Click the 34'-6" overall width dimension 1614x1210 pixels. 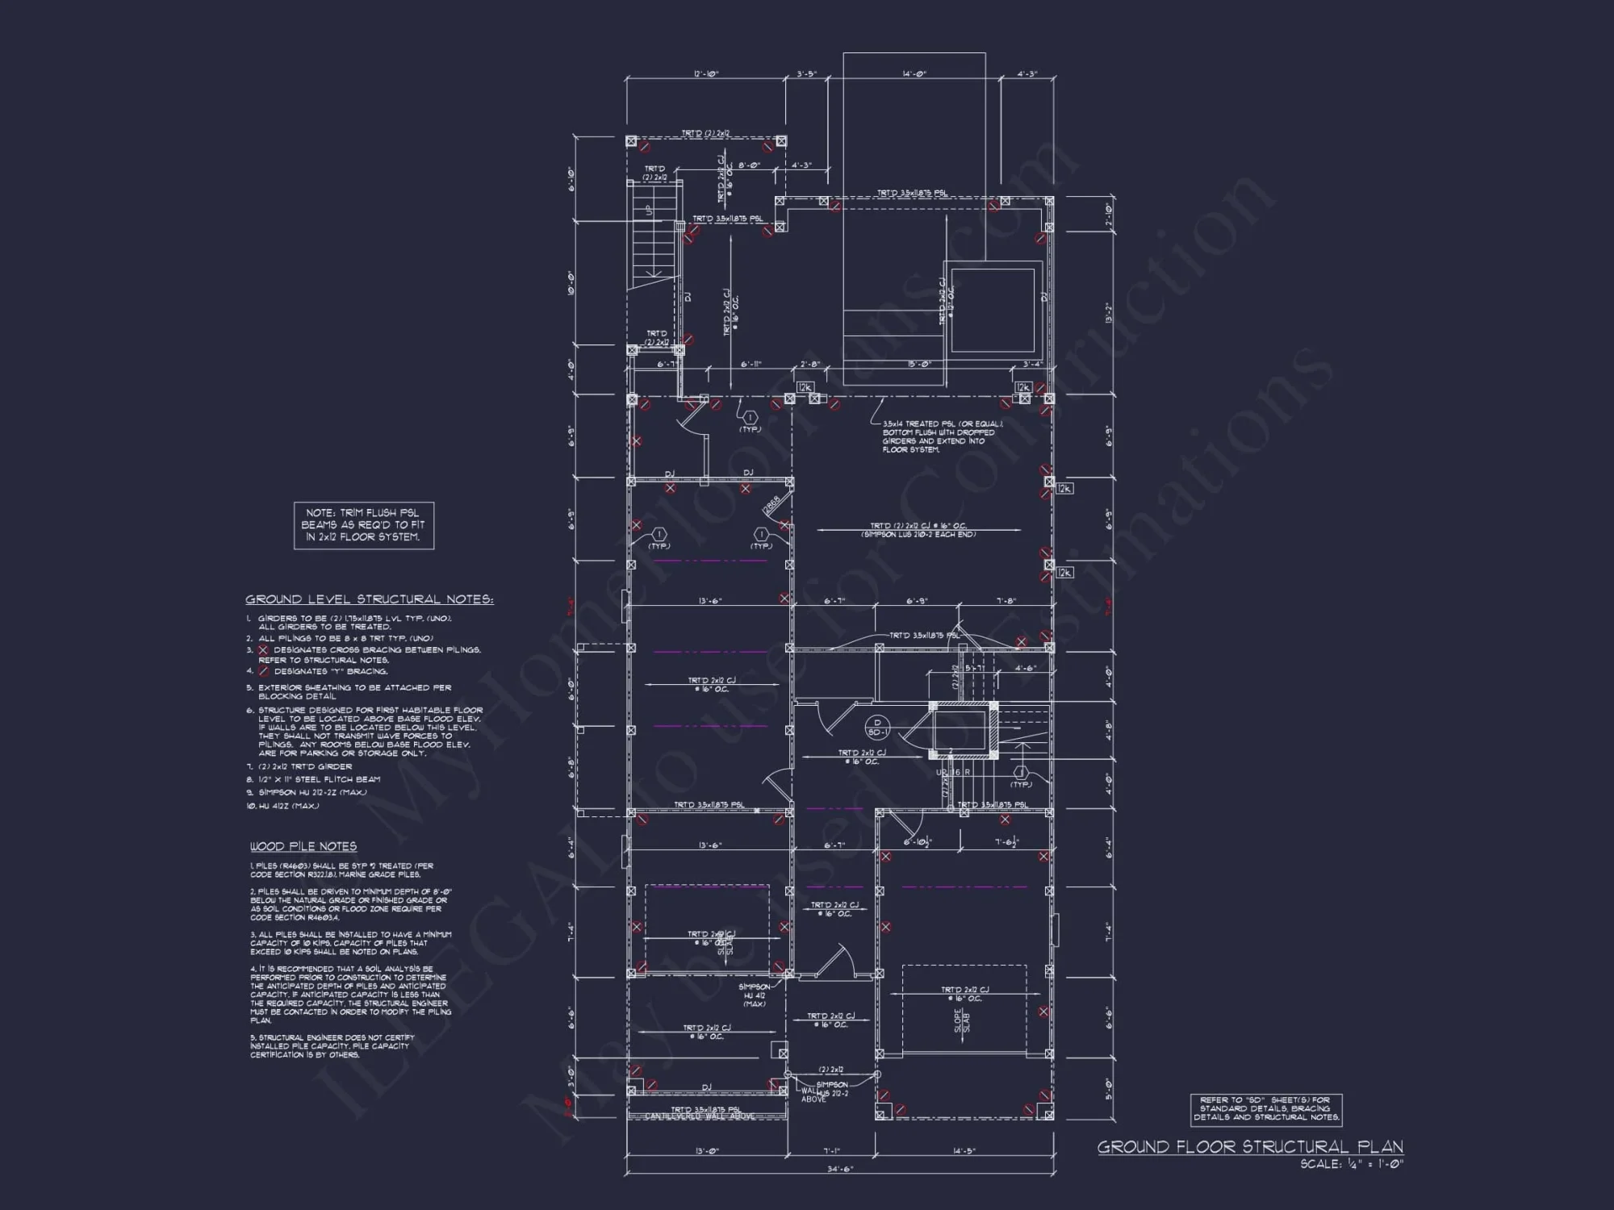pyautogui.click(x=839, y=1168)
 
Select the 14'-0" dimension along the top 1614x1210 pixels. pyautogui.click(x=914, y=74)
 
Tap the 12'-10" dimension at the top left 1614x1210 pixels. pyautogui.click(x=705, y=74)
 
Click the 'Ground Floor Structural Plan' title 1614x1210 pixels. pyautogui.click(x=1249, y=1147)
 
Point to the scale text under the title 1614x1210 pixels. pyautogui.click(x=1351, y=1164)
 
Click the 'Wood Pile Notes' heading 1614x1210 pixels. pyautogui.click(x=303, y=846)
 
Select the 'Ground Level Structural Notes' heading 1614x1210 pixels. pyautogui.click(x=369, y=599)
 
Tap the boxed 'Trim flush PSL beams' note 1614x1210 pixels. pyautogui.click(x=364, y=525)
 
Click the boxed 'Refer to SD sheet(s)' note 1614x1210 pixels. pyautogui.click(x=1265, y=1109)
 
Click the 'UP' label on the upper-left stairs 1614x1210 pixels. pyautogui.click(x=648, y=209)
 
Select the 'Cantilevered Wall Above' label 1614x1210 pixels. pyautogui.click(x=700, y=1117)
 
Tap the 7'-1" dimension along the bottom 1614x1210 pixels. pyautogui.click(x=832, y=1151)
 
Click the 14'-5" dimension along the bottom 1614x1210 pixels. pyautogui.click(x=963, y=1151)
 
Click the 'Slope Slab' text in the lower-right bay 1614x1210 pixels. pyautogui.click(x=962, y=1020)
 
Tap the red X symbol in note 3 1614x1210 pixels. pyautogui.click(x=263, y=650)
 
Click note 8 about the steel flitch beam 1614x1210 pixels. pyautogui.click(x=319, y=779)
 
